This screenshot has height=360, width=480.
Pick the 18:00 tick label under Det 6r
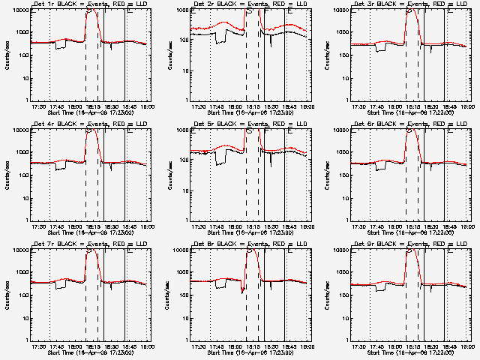tap(394, 226)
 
